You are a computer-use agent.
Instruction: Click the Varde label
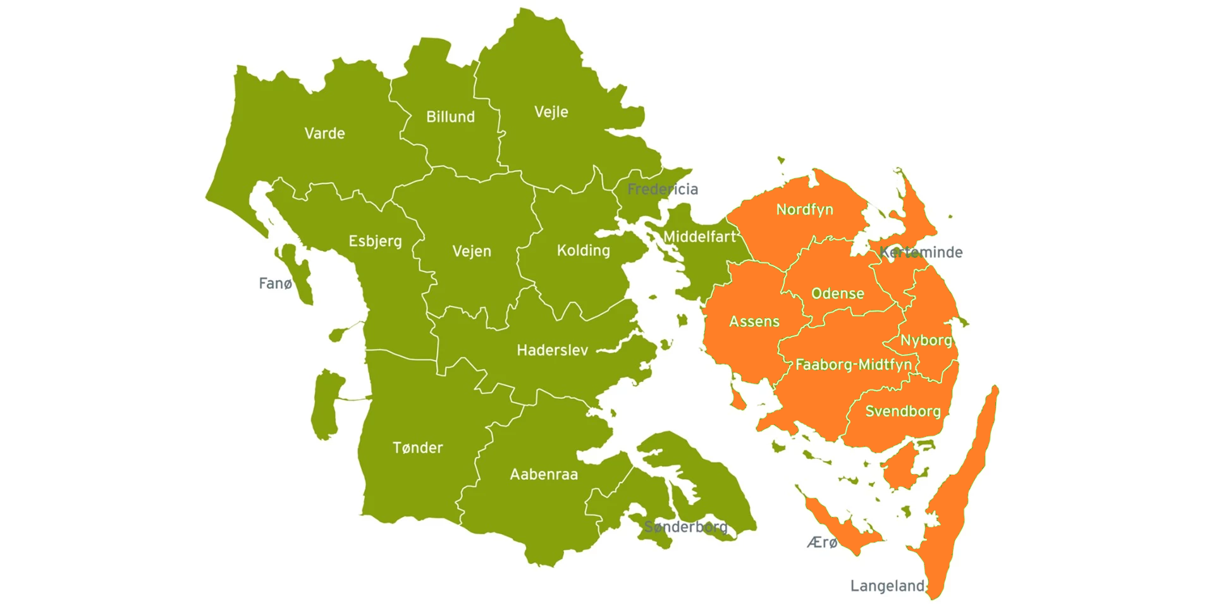(x=324, y=133)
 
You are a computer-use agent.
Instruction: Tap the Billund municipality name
(x=450, y=117)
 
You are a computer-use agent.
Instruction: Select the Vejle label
(x=551, y=112)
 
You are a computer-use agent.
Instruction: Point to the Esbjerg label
(x=375, y=242)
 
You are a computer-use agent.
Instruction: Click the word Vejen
(x=472, y=252)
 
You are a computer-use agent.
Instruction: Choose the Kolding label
(x=583, y=250)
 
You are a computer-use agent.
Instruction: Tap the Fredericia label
(x=663, y=189)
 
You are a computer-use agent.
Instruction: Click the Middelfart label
(x=699, y=237)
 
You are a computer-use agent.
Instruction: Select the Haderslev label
(x=552, y=350)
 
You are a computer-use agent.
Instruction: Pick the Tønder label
(x=417, y=448)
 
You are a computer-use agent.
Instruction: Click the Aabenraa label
(x=544, y=474)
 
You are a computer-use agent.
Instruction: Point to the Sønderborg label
(x=686, y=527)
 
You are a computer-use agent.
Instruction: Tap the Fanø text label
(x=275, y=283)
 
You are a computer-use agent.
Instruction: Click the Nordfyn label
(x=804, y=209)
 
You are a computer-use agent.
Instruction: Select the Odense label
(x=837, y=293)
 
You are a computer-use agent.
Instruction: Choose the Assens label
(x=754, y=321)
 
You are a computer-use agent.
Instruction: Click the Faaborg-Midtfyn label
(x=854, y=365)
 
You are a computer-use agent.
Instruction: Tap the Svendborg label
(x=902, y=412)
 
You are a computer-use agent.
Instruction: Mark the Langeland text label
(x=886, y=586)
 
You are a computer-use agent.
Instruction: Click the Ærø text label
(x=822, y=543)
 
